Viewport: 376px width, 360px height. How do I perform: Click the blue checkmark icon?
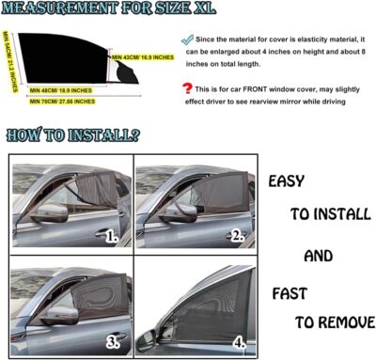coord(190,41)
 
